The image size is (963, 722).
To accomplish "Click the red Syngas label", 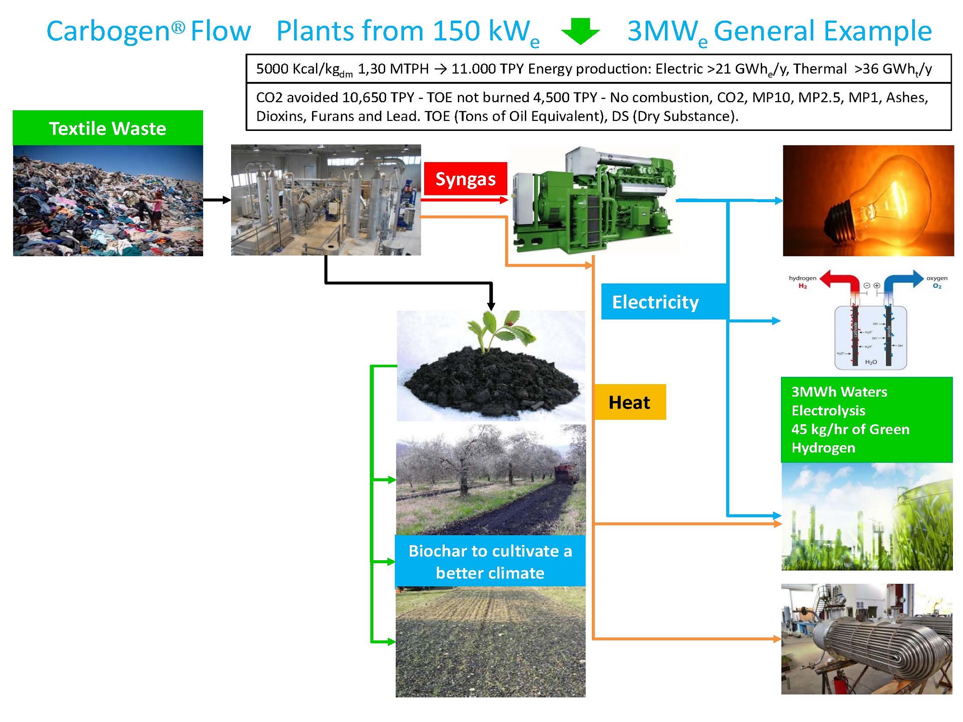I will coord(465,179).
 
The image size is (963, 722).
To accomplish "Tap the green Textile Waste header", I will coord(107,128).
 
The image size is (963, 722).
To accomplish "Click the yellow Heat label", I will coord(629,402).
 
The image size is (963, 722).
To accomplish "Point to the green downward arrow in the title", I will coord(581,31).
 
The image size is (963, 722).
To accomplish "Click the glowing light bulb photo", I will coord(868,200).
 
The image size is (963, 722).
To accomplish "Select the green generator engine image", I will coord(595,200).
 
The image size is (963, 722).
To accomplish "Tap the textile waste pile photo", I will coord(107,201).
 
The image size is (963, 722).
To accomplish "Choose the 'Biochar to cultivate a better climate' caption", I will coord(490,561).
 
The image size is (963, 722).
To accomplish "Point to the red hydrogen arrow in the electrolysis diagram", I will coord(840,280).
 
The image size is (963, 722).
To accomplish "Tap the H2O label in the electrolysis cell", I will coord(871,362).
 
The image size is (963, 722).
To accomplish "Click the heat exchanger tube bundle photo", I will coord(866,639).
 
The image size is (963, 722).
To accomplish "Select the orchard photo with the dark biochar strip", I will coord(491,479).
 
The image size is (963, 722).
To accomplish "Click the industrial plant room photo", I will coord(326,200).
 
